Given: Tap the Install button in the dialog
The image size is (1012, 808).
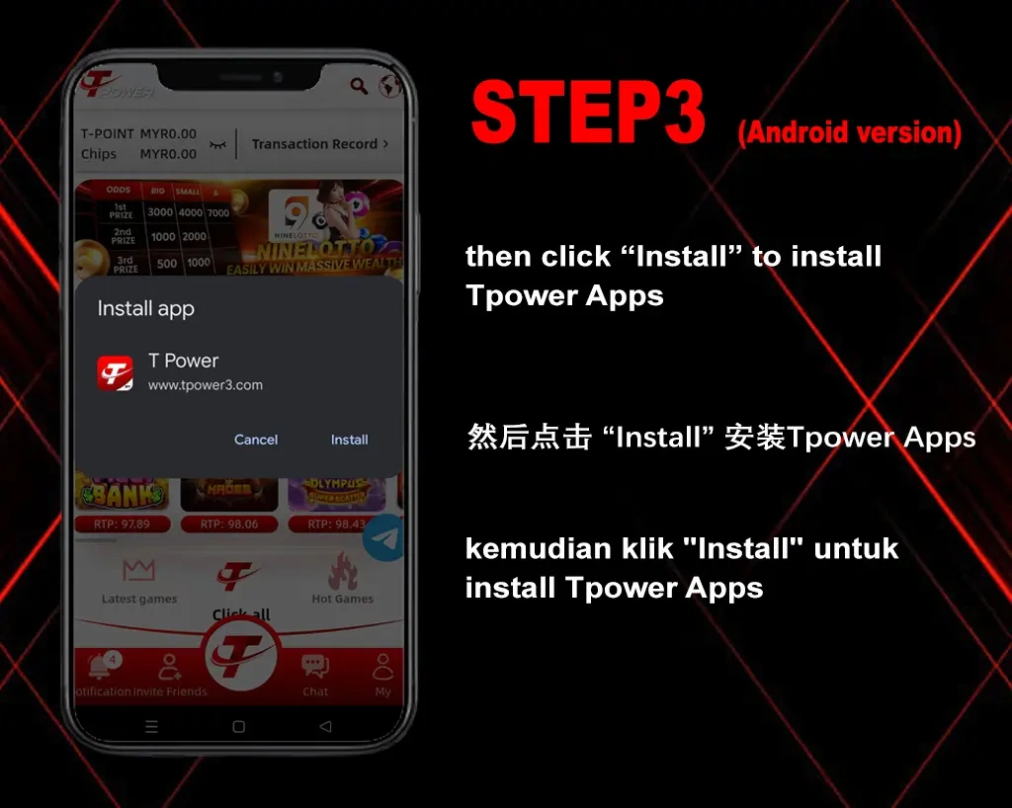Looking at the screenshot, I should point(349,440).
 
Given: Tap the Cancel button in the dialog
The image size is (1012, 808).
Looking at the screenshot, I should point(256,440).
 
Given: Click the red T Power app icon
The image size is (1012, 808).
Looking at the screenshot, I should point(115,372).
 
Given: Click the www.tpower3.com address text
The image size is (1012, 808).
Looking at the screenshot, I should point(206,385).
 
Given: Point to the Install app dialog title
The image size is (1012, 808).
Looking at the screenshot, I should point(146,309).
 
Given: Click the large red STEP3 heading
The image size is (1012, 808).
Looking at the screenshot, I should point(589,114).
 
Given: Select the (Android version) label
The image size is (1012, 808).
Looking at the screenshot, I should point(849,132).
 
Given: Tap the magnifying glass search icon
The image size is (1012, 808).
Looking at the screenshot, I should point(359,87).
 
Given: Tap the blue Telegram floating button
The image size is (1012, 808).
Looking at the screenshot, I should point(384,538).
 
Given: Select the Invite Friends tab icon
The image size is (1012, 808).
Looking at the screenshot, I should point(170,667).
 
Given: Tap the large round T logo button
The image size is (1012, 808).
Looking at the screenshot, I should point(241,655).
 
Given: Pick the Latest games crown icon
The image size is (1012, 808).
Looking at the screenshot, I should point(139,570).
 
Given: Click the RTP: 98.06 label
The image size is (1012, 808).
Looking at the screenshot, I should point(229,525).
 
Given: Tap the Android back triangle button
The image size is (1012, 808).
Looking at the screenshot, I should point(325,726).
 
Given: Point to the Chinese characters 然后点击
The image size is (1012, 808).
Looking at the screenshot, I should point(528,438).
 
